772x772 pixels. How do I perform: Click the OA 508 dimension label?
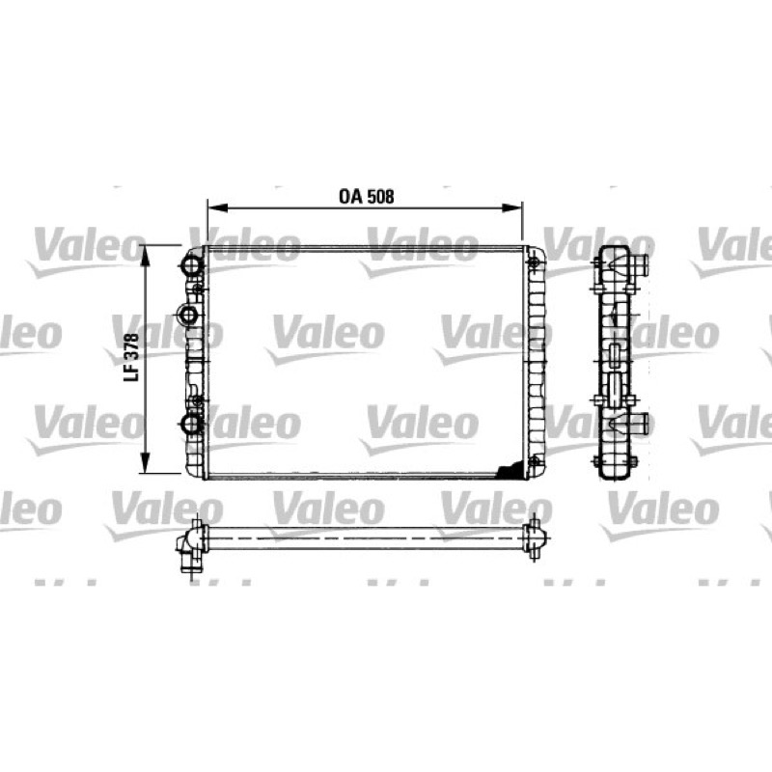click(367, 197)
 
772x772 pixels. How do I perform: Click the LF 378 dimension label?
click(131, 357)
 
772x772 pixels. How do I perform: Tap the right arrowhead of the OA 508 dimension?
click(511, 207)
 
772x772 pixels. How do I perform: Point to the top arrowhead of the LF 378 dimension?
click(145, 256)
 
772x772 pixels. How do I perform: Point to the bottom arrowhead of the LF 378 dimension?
click(145, 463)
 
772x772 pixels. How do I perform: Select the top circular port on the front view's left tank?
click(191, 265)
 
